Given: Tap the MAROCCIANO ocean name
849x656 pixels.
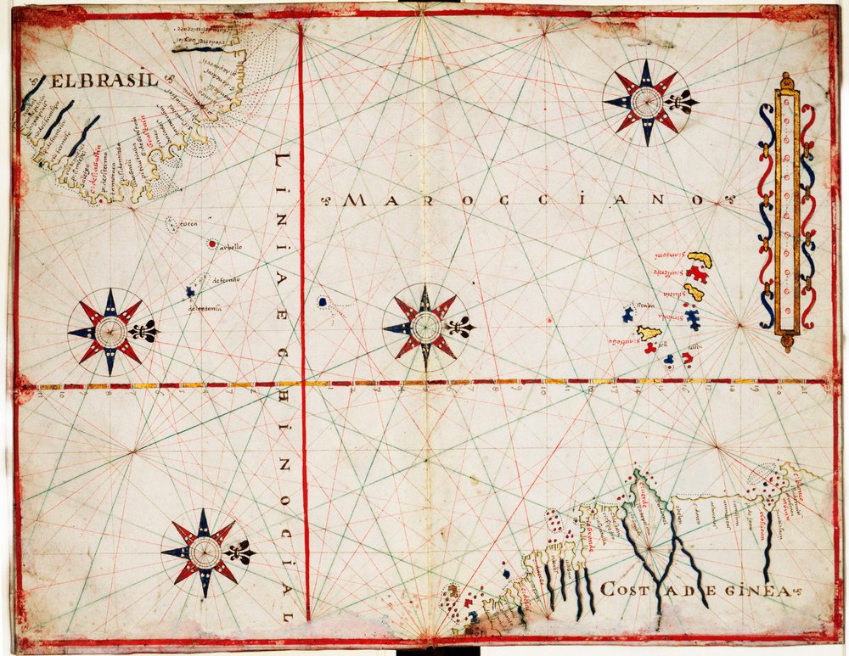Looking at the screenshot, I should click(x=526, y=201).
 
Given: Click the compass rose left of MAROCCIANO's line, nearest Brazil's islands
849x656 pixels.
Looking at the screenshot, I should click(x=110, y=332).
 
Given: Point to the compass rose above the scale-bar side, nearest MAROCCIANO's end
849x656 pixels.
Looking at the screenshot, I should click(x=647, y=102).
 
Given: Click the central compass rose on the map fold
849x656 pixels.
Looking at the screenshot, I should click(x=424, y=327).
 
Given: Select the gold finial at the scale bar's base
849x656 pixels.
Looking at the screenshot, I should click(x=786, y=343).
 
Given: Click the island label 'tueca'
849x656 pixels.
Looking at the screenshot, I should click(x=188, y=224).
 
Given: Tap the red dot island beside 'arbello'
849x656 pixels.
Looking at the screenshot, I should click(x=211, y=244).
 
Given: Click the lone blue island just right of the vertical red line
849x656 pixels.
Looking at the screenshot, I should click(x=323, y=301).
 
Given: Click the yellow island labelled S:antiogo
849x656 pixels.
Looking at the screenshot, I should click(x=649, y=334).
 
